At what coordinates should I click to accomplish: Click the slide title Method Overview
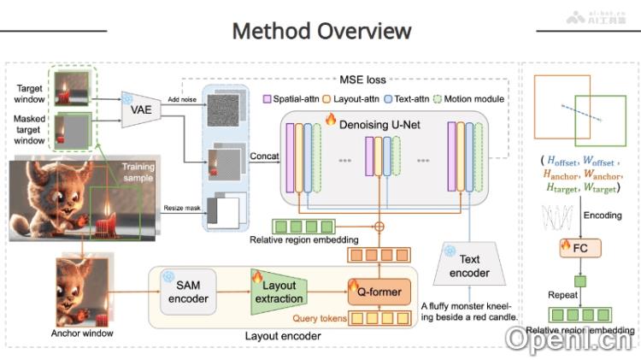tap(321, 32)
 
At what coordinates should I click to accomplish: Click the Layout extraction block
tap(277, 292)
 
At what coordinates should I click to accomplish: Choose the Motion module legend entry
tap(471, 99)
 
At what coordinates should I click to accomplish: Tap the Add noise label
tap(181, 101)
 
